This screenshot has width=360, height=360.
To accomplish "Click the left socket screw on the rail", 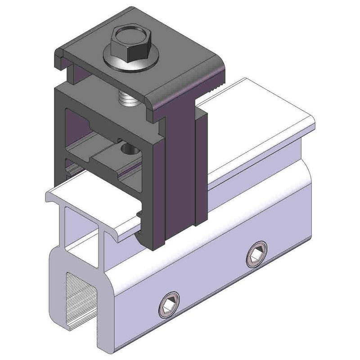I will (x=169, y=306).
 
